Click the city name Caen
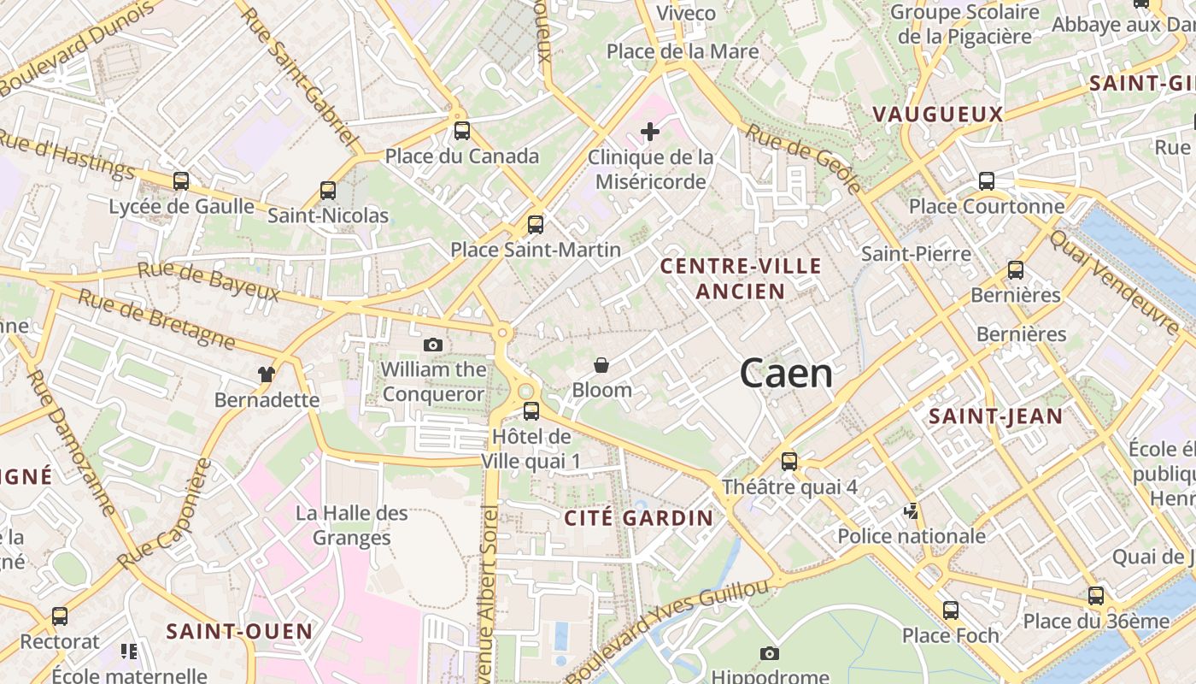tap(786, 374)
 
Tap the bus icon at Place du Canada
tap(462, 131)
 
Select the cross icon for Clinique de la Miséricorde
tap(650, 132)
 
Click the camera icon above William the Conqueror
tap(433, 345)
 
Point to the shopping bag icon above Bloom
tap(601, 365)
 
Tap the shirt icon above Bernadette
tap(267, 374)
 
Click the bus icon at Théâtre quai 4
tap(789, 462)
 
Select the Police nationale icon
tap(912, 511)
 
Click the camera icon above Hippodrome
tap(770, 653)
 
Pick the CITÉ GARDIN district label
tap(638, 517)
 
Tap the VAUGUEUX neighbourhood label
tap(937, 114)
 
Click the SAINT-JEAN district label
tap(995, 416)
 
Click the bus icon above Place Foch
tap(951, 610)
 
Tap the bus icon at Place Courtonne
tap(987, 181)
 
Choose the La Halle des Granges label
tap(352, 525)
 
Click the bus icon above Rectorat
tap(60, 616)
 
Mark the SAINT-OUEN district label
tap(239, 631)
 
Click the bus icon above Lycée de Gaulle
tap(181, 181)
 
